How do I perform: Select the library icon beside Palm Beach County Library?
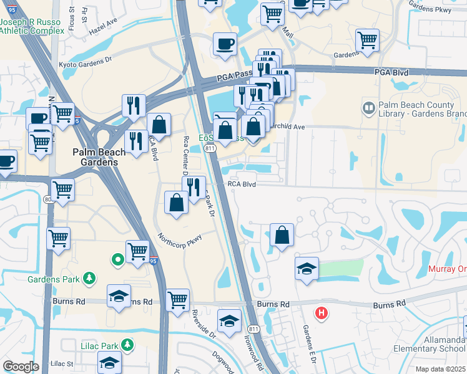pyautogui.click(x=368, y=109)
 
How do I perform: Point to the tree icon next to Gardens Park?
pyautogui.click(x=90, y=278)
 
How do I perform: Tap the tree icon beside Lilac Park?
pyautogui.click(x=127, y=344)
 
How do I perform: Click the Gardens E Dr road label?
pyautogui.click(x=310, y=342)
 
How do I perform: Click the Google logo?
pyautogui.click(x=21, y=367)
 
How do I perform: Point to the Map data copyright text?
pyautogui.click(x=440, y=369)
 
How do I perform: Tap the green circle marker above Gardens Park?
pyautogui.click(x=117, y=259)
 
